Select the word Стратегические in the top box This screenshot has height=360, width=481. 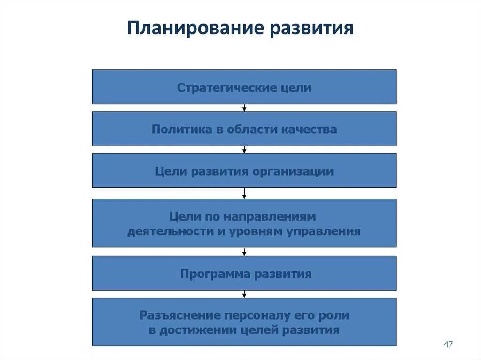[x=216, y=88]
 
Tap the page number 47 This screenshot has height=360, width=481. [x=448, y=345]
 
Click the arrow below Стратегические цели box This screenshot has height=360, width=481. [x=244, y=108]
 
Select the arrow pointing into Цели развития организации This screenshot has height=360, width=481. [x=244, y=150]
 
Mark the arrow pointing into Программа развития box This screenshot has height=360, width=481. [x=244, y=252]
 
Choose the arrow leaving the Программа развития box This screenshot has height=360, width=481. [x=244, y=294]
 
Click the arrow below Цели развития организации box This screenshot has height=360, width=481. [x=244, y=193]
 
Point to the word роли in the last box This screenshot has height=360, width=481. [x=336, y=315]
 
